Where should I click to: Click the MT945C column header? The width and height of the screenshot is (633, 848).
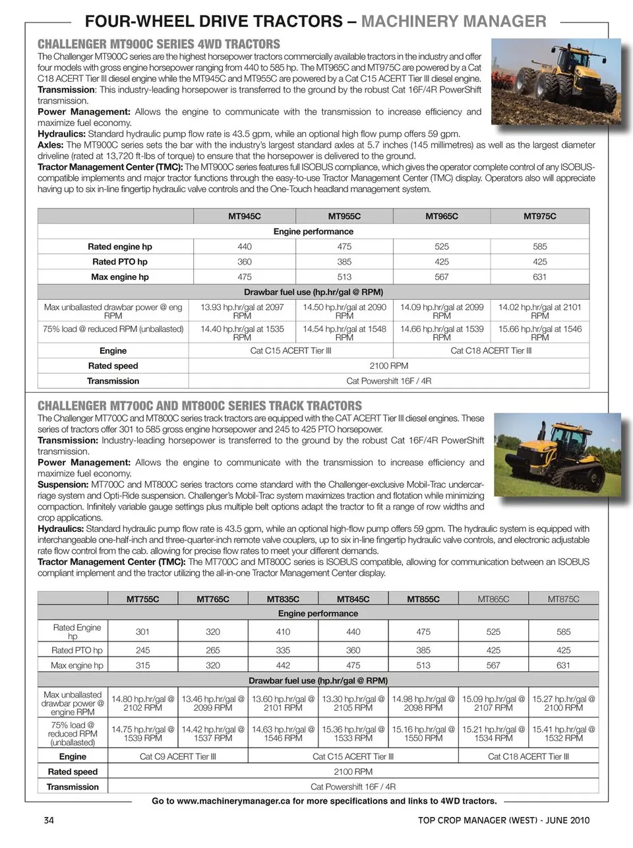(244, 216)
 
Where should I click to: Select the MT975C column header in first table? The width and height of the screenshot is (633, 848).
(539, 216)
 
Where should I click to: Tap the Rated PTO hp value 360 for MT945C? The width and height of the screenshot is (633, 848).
(244, 262)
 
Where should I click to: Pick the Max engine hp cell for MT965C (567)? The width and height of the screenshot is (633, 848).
(442, 277)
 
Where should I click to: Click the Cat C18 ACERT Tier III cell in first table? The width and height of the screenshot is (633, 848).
(491, 351)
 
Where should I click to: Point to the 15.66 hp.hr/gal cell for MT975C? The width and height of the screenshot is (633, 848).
(539, 333)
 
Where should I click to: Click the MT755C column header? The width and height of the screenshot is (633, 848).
(142, 599)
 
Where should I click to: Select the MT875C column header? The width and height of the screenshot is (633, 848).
(563, 599)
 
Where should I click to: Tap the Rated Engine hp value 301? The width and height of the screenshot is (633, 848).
(142, 632)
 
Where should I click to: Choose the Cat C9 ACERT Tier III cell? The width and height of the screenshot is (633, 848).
(177, 757)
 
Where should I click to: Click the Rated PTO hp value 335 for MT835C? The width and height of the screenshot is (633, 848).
(283, 650)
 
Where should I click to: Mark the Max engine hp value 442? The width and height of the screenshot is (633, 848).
(283, 665)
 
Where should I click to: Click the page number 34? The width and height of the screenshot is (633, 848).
(48, 820)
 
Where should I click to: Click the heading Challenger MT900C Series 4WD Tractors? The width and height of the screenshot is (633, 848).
(159, 44)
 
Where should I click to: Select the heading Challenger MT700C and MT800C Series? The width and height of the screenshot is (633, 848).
(200, 406)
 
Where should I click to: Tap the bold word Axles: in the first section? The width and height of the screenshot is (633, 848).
(51, 145)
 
